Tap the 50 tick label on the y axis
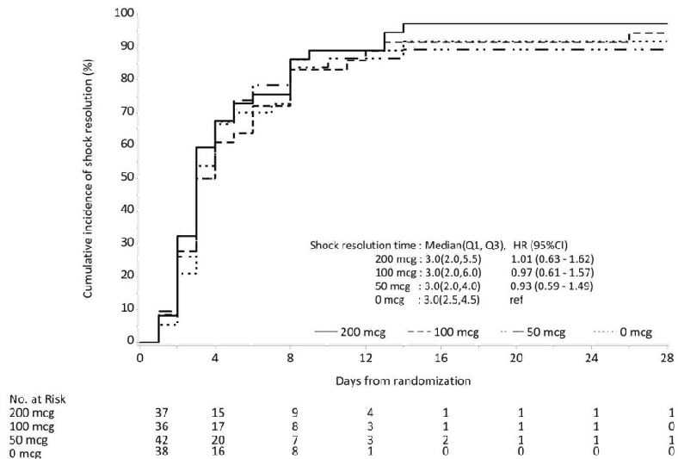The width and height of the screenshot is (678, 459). [x=126, y=177]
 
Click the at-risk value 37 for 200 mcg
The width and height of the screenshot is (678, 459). [x=162, y=413]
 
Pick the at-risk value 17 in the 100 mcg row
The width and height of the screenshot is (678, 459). [x=220, y=426]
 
